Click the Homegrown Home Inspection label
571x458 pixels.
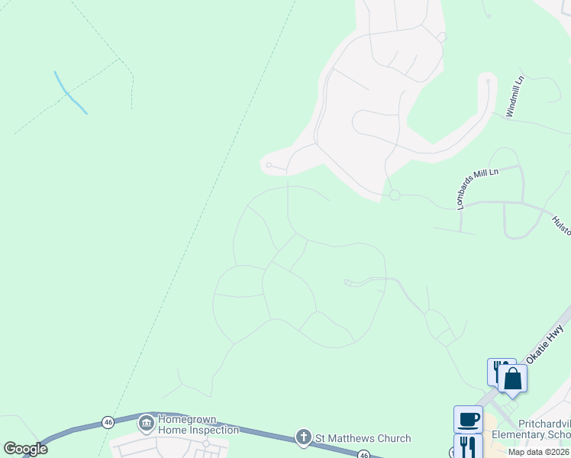coord(198,425)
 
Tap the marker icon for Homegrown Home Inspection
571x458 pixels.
coord(146,422)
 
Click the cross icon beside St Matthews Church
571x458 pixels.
coord(303,437)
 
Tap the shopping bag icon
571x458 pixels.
coord(512,379)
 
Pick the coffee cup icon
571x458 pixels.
coord(468,419)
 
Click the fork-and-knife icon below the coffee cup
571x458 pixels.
coord(468,445)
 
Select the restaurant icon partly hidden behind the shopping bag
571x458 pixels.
coord(495,370)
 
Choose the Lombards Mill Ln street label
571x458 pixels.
coord(476,189)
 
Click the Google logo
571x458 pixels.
coord(25,448)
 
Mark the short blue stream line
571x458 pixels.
coord(69,93)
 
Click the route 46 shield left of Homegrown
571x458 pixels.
coord(108,422)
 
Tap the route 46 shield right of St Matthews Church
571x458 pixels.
coord(364,455)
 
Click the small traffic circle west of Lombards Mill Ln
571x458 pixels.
coord(395,195)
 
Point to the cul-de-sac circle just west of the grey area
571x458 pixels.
coord(269,164)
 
